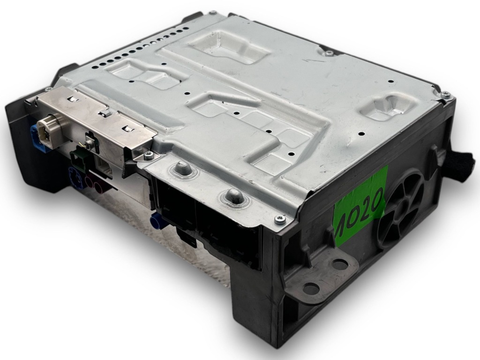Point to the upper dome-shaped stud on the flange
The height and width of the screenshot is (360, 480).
point(181,168)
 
